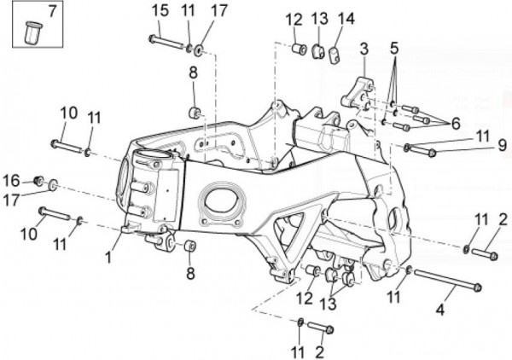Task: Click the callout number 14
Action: pos(345,19)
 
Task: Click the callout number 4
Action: pos(440,311)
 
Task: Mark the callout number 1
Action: pos(108,254)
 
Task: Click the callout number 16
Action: pos(11,180)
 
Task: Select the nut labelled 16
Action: pos(38,181)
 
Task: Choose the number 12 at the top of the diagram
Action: pos(294,20)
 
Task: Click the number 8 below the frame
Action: pos(191,273)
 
